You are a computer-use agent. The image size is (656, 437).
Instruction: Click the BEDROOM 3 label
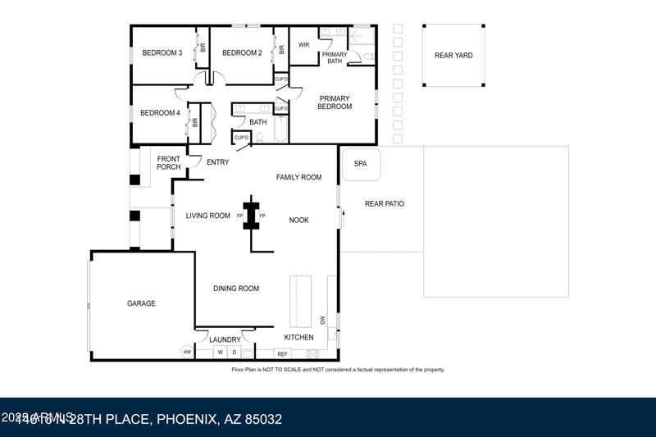[x=162, y=53]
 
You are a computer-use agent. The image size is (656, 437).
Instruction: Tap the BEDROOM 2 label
[x=242, y=53]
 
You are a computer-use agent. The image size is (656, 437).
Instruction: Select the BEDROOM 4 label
[x=160, y=113]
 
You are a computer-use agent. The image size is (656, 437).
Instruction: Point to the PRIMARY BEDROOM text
[x=335, y=102]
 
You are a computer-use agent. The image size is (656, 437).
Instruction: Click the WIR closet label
[x=303, y=45]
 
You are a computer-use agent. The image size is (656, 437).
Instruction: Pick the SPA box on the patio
[x=361, y=164]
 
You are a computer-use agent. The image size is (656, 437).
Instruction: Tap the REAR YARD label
[x=453, y=56]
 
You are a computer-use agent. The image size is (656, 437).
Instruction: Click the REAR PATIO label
[x=385, y=204]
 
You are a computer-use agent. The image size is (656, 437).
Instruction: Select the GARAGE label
[x=141, y=303]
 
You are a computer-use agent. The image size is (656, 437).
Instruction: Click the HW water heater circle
[x=187, y=352]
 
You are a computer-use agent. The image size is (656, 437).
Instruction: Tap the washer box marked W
[x=220, y=353]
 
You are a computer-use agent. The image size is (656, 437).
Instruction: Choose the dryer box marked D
[x=234, y=353]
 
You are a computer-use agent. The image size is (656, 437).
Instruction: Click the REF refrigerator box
[x=282, y=354]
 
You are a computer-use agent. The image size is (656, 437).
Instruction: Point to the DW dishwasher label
[x=323, y=320]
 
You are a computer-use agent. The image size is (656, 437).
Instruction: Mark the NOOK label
[x=299, y=220]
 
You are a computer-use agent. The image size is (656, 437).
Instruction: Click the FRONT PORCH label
[x=169, y=163]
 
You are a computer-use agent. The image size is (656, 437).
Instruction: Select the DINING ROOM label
[x=236, y=289]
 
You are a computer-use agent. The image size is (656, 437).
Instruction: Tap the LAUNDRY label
[x=225, y=339]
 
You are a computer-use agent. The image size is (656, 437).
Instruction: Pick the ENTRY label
[x=218, y=162]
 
